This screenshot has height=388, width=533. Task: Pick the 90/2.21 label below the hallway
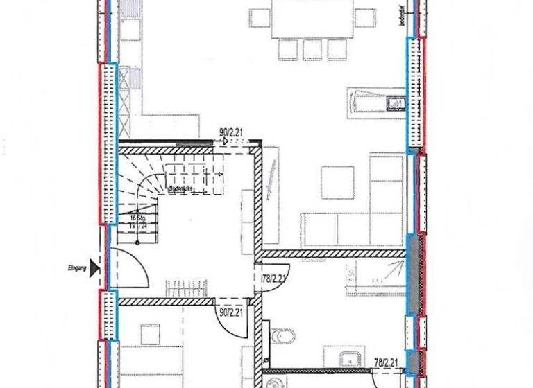coord(231,312)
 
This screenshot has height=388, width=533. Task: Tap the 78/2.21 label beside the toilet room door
coord(275,279)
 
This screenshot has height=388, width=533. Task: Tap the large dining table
coord(312,18)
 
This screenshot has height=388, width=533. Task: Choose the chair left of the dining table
coord(260,17)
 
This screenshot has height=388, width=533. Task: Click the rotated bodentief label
coord(400,17)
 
